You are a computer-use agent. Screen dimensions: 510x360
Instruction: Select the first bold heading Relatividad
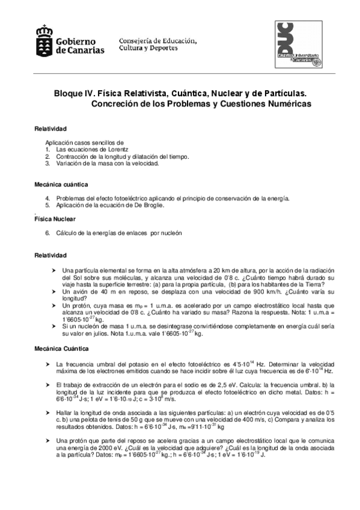(50, 129)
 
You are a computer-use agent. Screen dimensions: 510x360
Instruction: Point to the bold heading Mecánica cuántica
(61, 183)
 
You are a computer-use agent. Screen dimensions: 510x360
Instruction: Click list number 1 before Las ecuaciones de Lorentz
(47, 149)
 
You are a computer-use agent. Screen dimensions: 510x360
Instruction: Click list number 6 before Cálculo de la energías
(47, 233)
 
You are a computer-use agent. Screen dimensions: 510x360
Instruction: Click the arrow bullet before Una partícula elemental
(55, 270)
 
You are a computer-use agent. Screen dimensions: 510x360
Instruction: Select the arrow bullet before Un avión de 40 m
(55, 291)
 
